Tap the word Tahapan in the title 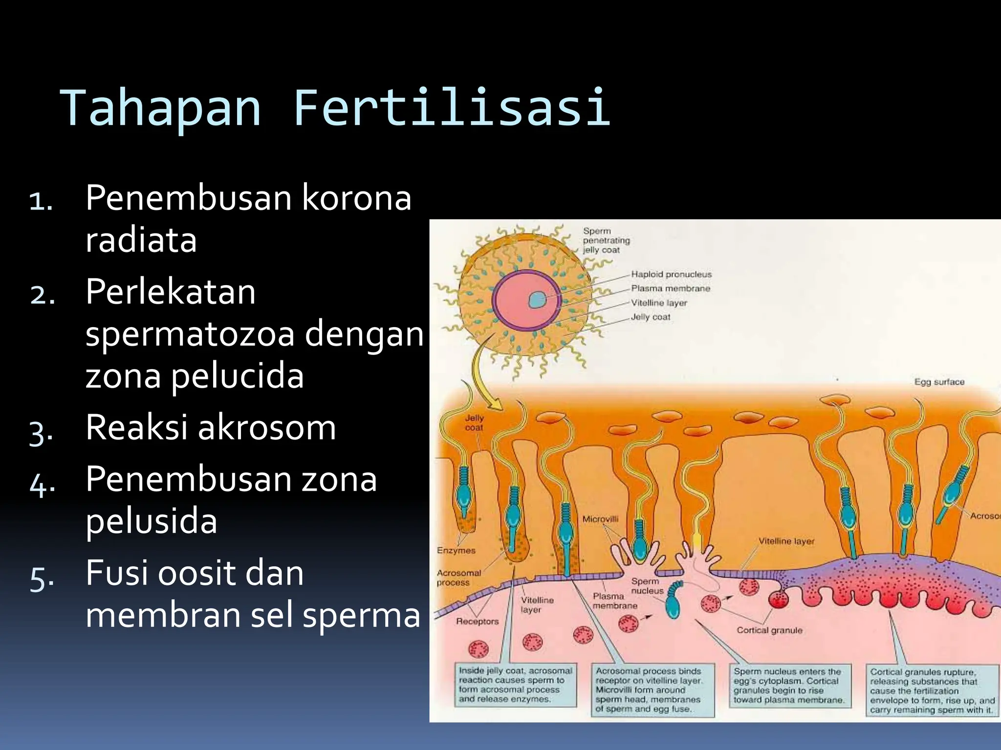pos(160,108)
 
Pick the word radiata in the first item pos(141,240)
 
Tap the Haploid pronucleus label pos(671,274)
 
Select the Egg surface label pos(939,382)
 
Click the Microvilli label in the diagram pos(600,519)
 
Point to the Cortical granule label pos(769,630)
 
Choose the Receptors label pos(477,622)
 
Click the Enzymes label pos(456,550)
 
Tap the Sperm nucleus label pos(646,586)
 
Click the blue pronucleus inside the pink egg pos(538,300)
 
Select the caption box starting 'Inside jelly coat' pos(515,685)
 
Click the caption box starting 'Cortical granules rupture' pos(932,690)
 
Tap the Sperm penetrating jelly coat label pos(606,240)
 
